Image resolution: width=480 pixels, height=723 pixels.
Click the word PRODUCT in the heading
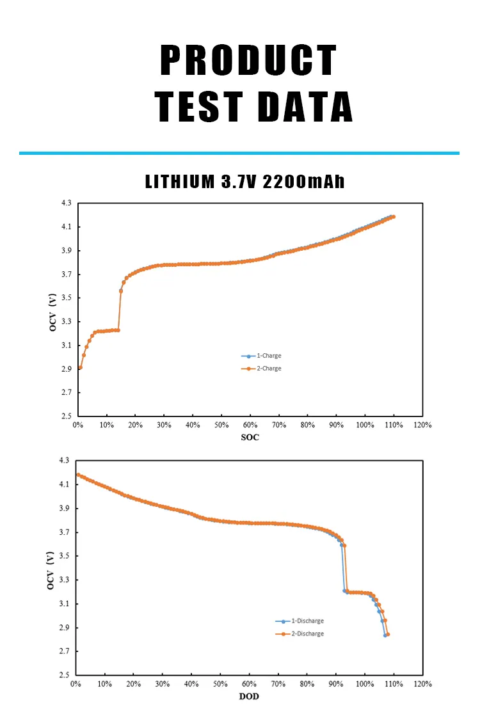[x=248, y=61]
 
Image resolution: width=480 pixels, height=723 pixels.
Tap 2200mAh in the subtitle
[x=304, y=181]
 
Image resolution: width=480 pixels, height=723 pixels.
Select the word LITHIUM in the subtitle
[x=180, y=181]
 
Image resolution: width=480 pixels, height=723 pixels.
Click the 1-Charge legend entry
[x=268, y=356]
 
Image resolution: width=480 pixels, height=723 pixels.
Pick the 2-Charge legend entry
[x=268, y=369]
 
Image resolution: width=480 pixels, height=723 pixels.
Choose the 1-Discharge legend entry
[x=307, y=621]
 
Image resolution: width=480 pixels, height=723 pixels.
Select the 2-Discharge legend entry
[x=307, y=633]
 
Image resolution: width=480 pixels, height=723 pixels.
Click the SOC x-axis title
[x=250, y=438]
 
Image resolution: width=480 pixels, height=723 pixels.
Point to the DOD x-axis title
[x=249, y=697]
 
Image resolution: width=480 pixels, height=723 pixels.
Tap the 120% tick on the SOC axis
[x=422, y=425]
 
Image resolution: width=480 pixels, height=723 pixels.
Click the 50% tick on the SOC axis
[x=221, y=425]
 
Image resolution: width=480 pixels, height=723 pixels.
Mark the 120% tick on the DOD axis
[x=422, y=684]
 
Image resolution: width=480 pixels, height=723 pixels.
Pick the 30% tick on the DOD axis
[x=163, y=684]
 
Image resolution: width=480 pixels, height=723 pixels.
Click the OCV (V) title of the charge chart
[x=54, y=310]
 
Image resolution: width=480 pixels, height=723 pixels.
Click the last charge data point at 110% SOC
[x=394, y=216]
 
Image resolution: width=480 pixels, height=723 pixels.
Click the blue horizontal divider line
[x=239, y=153]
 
